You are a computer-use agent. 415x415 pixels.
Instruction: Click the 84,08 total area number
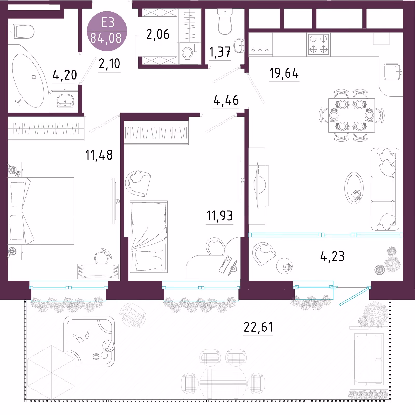pyautogui.click(x=106, y=38)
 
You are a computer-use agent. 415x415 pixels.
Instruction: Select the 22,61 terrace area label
pyautogui.click(x=258, y=327)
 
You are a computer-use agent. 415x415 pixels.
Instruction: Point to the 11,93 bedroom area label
pyautogui.click(x=219, y=216)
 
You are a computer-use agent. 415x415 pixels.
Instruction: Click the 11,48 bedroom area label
pyautogui.click(x=99, y=155)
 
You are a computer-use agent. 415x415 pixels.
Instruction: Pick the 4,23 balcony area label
pyautogui.click(x=332, y=257)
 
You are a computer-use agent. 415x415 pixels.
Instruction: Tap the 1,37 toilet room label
pyautogui.click(x=220, y=52)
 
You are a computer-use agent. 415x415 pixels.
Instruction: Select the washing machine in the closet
pyautogui.click(x=188, y=53)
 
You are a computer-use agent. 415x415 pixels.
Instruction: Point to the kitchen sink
pyautogui.click(x=392, y=72)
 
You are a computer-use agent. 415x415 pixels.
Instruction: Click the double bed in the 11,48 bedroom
pyautogui.click(x=41, y=211)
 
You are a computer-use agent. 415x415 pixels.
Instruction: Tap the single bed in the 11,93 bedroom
pyautogui.click(x=149, y=237)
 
